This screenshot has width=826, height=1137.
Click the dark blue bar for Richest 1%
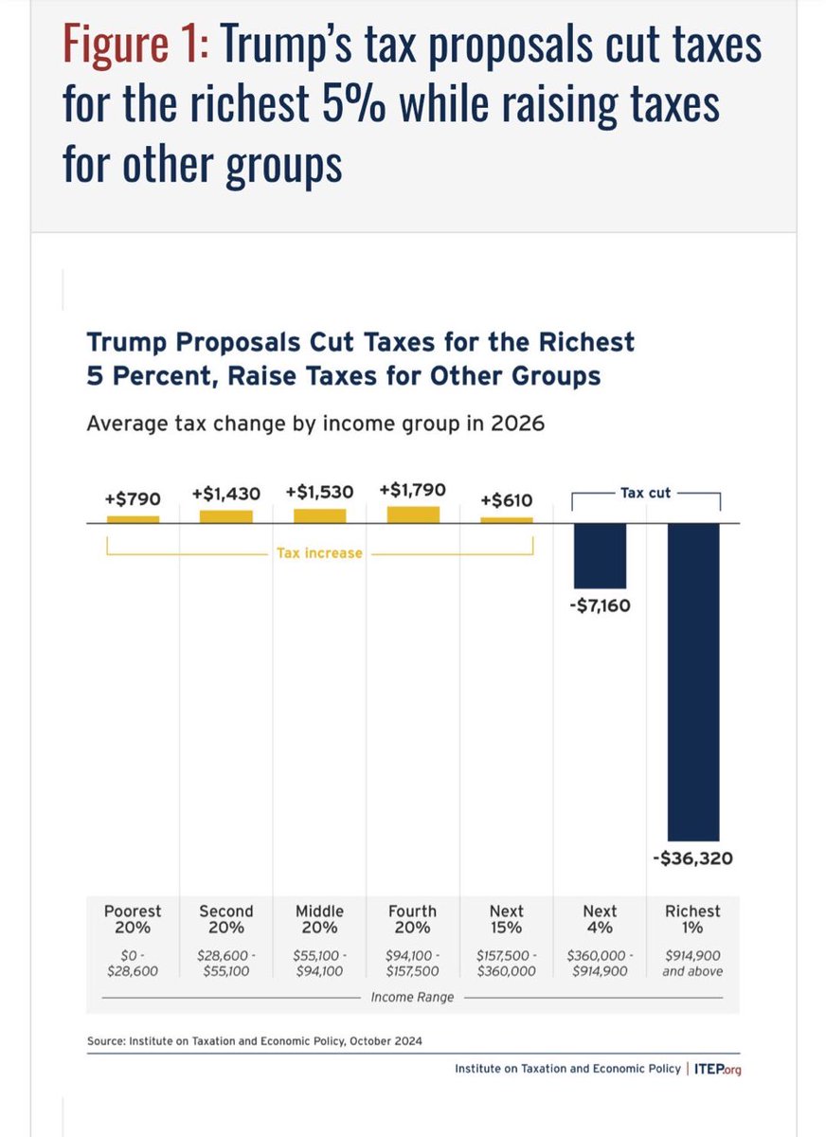coord(693,681)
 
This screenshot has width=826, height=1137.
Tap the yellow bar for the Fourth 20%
coord(413,514)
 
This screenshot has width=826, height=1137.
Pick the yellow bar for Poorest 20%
coord(133,519)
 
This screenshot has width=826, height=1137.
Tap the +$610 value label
coord(507,500)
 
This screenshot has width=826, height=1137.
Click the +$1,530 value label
coord(319,493)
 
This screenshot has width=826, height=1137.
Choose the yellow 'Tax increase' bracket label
coord(319,552)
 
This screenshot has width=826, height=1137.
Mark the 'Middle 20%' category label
coord(319,919)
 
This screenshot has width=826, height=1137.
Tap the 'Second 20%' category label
coord(226,919)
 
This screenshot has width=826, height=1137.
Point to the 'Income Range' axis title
coord(413,998)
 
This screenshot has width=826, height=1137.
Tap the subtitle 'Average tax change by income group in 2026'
coord(315,423)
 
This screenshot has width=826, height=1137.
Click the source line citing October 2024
coord(254,1040)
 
